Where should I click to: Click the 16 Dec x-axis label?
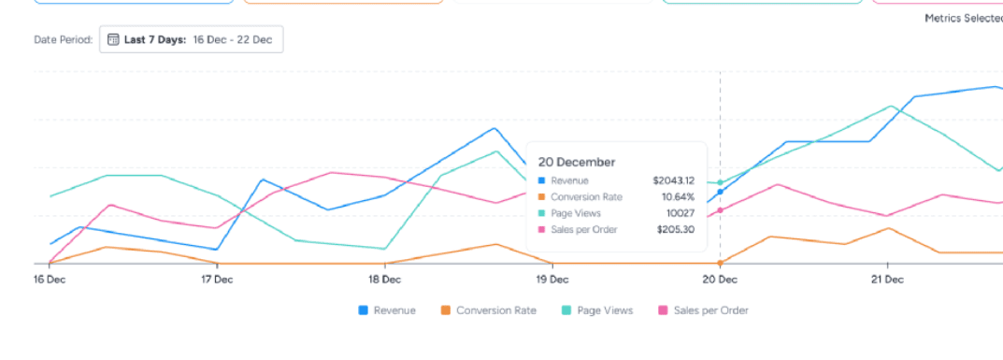tap(49, 279)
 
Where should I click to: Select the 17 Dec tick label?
tap(216, 279)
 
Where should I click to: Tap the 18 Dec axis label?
tap(384, 279)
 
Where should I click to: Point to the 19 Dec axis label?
tap(552, 279)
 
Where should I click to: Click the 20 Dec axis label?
tap(720, 279)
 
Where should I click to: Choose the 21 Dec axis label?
tap(886, 279)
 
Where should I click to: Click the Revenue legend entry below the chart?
tap(387, 310)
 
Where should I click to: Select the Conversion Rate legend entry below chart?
tap(488, 310)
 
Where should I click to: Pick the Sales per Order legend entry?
tap(703, 310)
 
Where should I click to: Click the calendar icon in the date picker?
tap(113, 40)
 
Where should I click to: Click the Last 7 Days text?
tap(155, 40)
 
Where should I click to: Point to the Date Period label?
tap(63, 40)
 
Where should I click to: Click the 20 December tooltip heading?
tap(577, 162)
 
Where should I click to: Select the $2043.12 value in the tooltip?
tap(673, 180)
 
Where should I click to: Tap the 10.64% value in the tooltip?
tap(678, 197)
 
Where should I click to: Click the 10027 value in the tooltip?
tap(681, 213)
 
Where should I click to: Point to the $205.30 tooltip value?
tap(675, 230)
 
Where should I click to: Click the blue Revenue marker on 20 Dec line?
tap(720, 192)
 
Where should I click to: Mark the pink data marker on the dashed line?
tap(720, 210)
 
